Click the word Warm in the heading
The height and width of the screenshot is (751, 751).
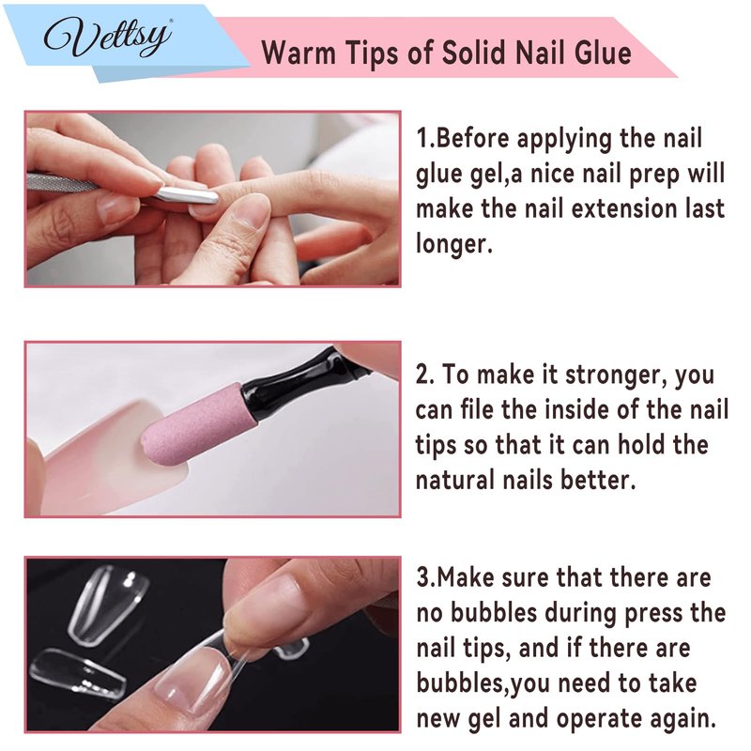(299, 52)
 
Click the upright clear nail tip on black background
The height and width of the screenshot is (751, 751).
(107, 605)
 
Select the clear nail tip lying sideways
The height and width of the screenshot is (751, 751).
(78, 671)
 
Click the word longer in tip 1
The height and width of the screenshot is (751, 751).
(453, 244)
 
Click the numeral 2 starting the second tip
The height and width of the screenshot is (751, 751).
(423, 375)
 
